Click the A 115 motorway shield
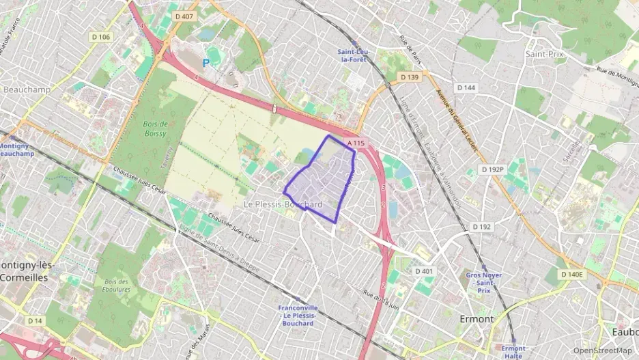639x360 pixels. click(x=356, y=143)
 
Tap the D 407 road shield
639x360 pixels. click(x=184, y=16)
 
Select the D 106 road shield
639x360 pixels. click(x=100, y=37)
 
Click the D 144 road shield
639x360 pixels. click(x=466, y=87)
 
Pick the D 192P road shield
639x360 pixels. click(x=492, y=169)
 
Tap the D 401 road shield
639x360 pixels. click(x=424, y=271)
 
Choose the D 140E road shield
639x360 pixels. click(x=573, y=274)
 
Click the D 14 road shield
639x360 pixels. click(x=35, y=320)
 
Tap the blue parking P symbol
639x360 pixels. click(x=206, y=63)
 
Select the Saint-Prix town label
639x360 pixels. click(x=544, y=53)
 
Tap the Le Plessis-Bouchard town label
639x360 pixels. click(x=283, y=204)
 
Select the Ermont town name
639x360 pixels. click(x=477, y=318)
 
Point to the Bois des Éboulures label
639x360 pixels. click(x=117, y=286)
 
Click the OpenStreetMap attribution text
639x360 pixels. click(x=603, y=350)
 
